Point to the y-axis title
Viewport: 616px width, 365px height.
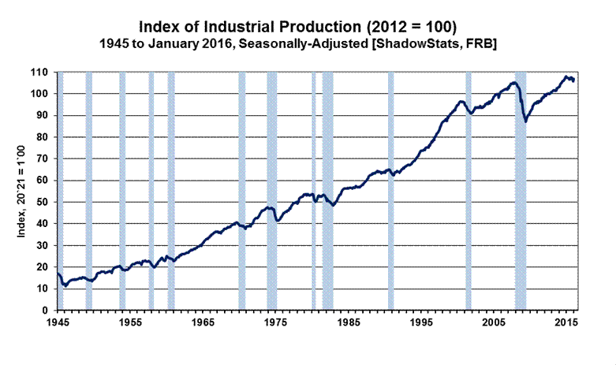tap(32, 191)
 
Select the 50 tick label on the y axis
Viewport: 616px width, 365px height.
tap(48, 202)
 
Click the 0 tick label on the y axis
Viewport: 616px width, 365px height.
tap(50, 311)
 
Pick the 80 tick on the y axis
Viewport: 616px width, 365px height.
tap(48, 137)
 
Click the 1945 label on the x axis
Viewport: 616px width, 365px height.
tap(57, 324)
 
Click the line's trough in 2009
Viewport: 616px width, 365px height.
tap(525, 121)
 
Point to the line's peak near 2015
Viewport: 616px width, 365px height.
tap(566, 76)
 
